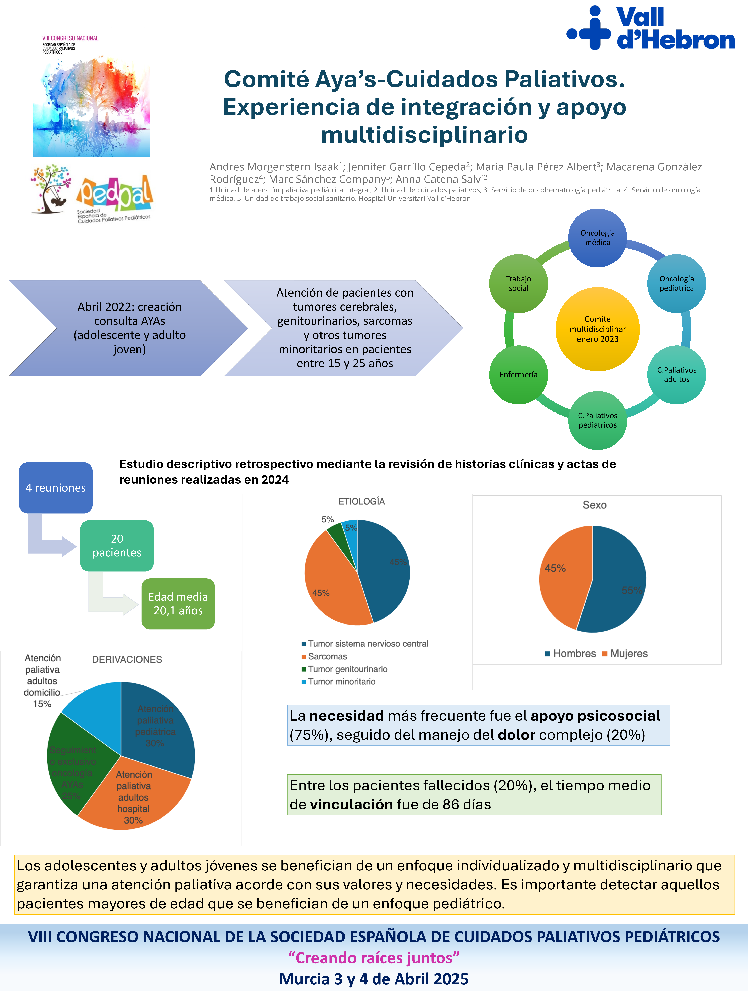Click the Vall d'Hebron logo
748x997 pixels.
(x=650, y=28)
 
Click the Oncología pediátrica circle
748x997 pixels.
(x=676, y=284)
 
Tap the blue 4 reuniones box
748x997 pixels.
(x=55, y=488)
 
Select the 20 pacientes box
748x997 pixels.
(x=117, y=546)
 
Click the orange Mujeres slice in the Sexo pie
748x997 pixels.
(x=564, y=577)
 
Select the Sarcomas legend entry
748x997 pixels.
(x=327, y=656)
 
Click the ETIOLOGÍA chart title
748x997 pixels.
(x=361, y=501)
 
